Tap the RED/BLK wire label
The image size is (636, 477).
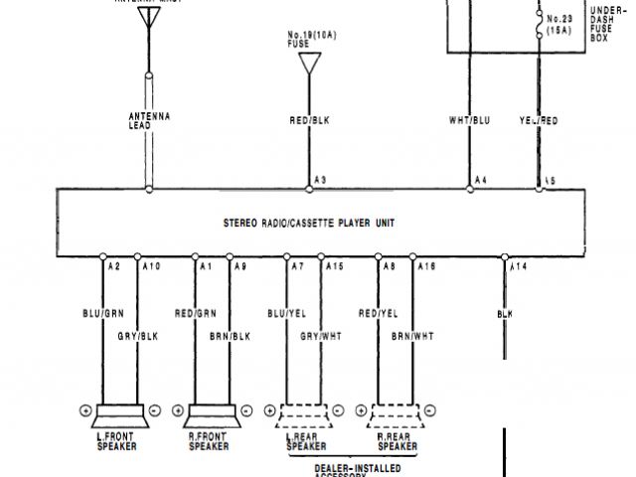(309, 121)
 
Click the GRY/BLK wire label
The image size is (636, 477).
(137, 336)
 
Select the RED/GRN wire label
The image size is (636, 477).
(196, 314)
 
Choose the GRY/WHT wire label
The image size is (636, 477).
(320, 336)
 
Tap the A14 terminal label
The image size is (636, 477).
(518, 267)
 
